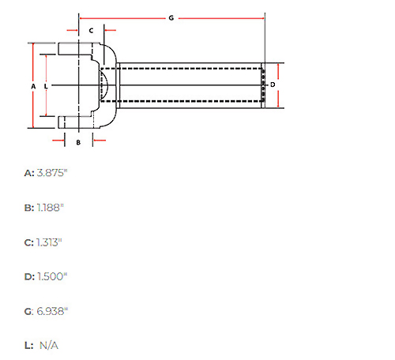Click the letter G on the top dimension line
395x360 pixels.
171,18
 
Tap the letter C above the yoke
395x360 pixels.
91,31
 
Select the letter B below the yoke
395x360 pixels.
78,142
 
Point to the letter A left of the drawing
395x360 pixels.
33,86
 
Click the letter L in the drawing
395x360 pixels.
46,86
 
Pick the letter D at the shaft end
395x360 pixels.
273,84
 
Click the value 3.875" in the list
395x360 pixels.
52,173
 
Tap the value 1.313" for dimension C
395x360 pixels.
49,242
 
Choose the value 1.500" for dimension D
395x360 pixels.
52,276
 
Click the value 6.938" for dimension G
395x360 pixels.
52,311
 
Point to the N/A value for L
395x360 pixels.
49,346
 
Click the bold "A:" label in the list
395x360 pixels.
29,173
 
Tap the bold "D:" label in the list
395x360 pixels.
29,277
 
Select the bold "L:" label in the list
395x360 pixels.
29,346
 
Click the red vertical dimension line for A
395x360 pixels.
33,85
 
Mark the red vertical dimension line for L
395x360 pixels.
46,85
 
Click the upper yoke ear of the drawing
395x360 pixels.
75,49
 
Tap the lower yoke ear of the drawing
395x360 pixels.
76,122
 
